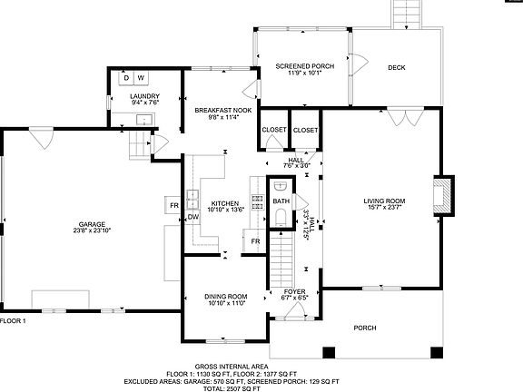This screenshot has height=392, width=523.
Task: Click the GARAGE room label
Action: (91, 223)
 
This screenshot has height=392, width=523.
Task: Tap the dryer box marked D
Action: (127, 79)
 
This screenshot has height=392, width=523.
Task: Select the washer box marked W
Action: (141, 79)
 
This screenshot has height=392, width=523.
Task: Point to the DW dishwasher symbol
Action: (192, 217)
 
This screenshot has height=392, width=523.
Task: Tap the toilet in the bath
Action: (281, 215)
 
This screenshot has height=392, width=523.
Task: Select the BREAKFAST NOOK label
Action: (222, 110)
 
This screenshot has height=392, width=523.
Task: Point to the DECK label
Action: (396, 67)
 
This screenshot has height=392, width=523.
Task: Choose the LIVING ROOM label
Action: (384, 201)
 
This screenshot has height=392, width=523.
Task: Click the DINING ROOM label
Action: (225, 297)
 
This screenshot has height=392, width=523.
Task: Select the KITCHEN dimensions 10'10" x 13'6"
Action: (225, 211)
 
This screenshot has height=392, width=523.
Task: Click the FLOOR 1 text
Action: (13, 321)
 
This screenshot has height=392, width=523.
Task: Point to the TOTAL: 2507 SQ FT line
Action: (261, 387)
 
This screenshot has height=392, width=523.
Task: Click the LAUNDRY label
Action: (144, 96)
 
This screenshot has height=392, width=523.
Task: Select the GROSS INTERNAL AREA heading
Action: (261, 367)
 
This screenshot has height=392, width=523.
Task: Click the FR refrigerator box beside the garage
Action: (173, 205)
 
